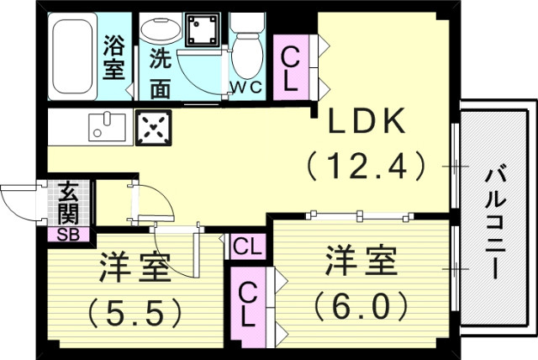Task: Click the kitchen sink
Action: [x=105, y=126]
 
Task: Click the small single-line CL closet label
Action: [x=246, y=246]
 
